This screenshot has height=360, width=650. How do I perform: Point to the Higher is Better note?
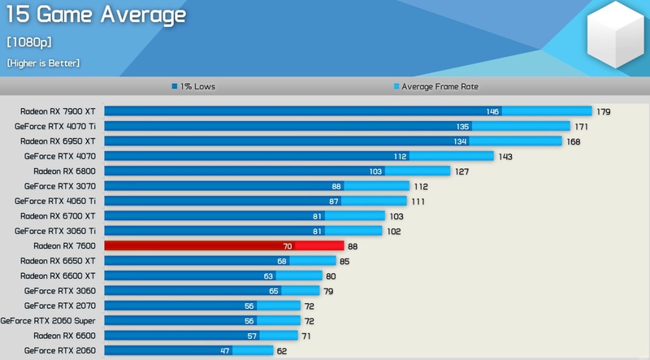tap(43, 63)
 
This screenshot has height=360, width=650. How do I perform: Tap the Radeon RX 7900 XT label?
tap(58, 111)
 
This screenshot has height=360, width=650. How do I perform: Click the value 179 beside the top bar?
tap(603, 111)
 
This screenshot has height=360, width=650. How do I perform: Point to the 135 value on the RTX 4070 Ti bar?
tap(462, 126)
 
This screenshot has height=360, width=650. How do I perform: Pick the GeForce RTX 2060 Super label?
tap(48, 320)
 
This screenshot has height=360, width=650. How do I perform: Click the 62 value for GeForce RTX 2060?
tap(282, 350)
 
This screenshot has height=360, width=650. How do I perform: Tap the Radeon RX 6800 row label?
tap(65, 171)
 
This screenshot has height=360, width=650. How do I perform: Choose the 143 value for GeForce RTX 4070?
tap(505, 156)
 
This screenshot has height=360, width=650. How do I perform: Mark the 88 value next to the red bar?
tap(352, 245)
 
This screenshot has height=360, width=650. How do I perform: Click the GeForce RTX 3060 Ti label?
tap(55, 230)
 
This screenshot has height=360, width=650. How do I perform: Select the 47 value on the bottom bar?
tap(224, 350)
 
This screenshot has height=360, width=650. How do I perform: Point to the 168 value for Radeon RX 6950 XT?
tap(574, 141)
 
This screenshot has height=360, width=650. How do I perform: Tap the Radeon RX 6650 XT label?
tap(58, 260)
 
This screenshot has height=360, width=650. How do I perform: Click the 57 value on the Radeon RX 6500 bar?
tap(252, 335)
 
